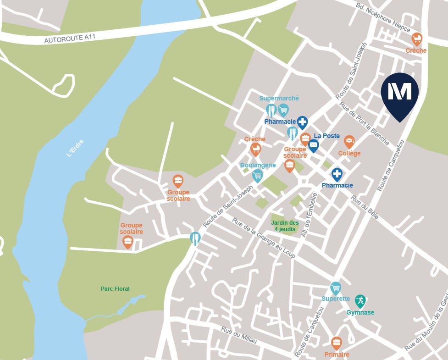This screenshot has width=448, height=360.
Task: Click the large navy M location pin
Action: click(399, 94)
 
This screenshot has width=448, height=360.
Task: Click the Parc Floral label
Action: click(115, 289)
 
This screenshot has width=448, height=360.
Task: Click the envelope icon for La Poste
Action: click(313, 146)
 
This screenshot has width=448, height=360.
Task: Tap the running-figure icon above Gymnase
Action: click(360, 301)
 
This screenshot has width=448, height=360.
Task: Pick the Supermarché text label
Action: click(279, 98)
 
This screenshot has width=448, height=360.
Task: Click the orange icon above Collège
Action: click(349, 142)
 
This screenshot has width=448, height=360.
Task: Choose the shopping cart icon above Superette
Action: click(336, 288)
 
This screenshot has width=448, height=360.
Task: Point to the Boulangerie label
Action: click(258, 165)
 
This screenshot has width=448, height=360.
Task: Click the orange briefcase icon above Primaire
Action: click(337, 343)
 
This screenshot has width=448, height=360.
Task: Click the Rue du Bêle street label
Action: click(365, 208)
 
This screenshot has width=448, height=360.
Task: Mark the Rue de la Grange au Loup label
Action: click(264, 237)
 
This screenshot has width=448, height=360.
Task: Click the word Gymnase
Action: click(360, 312)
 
